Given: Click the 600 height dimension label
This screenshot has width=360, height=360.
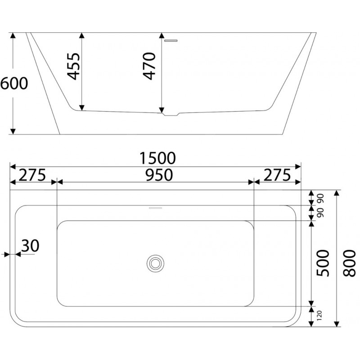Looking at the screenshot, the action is pyautogui.click(x=14, y=83).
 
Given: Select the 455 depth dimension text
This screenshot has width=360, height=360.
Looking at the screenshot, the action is pyautogui.click(x=73, y=67).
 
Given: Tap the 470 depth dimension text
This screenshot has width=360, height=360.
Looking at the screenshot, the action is pyautogui.click(x=149, y=66).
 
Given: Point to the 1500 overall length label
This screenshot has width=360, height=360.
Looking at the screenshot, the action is pyautogui.click(x=158, y=158).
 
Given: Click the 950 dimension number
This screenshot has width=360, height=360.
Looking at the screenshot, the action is pyautogui.click(x=159, y=175).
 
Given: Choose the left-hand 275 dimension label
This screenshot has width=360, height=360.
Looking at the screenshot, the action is pyautogui.click(x=32, y=175).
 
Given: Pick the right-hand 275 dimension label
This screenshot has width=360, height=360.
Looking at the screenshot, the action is pyautogui.click(x=277, y=175).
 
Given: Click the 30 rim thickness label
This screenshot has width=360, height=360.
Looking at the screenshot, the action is pyautogui.click(x=30, y=246).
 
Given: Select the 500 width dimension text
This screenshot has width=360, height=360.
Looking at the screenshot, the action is pyautogui.click(x=323, y=263).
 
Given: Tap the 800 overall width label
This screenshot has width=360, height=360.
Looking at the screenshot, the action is pyautogui.click(x=349, y=263).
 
